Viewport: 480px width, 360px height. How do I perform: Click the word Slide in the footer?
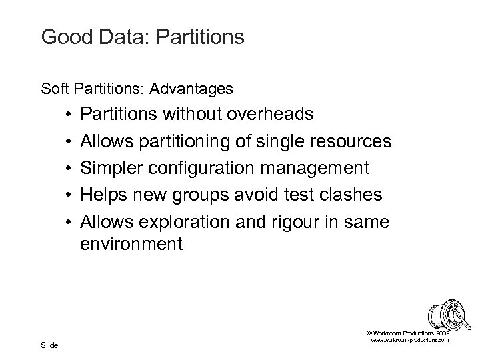pyautogui.click(x=49, y=345)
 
